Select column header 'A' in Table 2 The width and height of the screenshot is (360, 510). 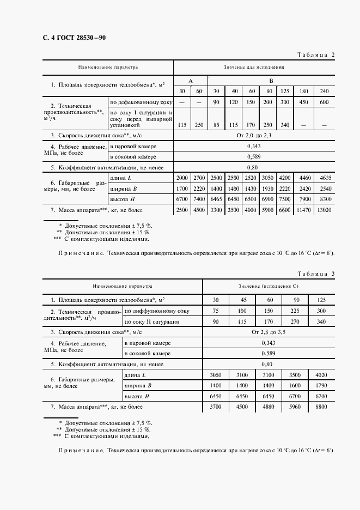click(x=190, y=80)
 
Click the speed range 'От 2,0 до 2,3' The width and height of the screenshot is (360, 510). click(x=253, y=135)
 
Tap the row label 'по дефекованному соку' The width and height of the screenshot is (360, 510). click(x=141, y=102)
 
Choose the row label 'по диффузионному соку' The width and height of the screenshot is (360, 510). click(x=157, y=311)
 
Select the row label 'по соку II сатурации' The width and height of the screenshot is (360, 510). click(x=151, y=321)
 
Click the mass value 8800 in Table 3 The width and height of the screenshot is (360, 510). click(x=321, y=406)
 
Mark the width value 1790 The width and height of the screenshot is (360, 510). click(x=321, y=385)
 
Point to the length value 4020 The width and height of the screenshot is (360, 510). click(x=321, y=375)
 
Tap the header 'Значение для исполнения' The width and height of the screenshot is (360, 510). click(x=253, y=68)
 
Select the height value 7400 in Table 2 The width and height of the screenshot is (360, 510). click(x=199, y=199)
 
